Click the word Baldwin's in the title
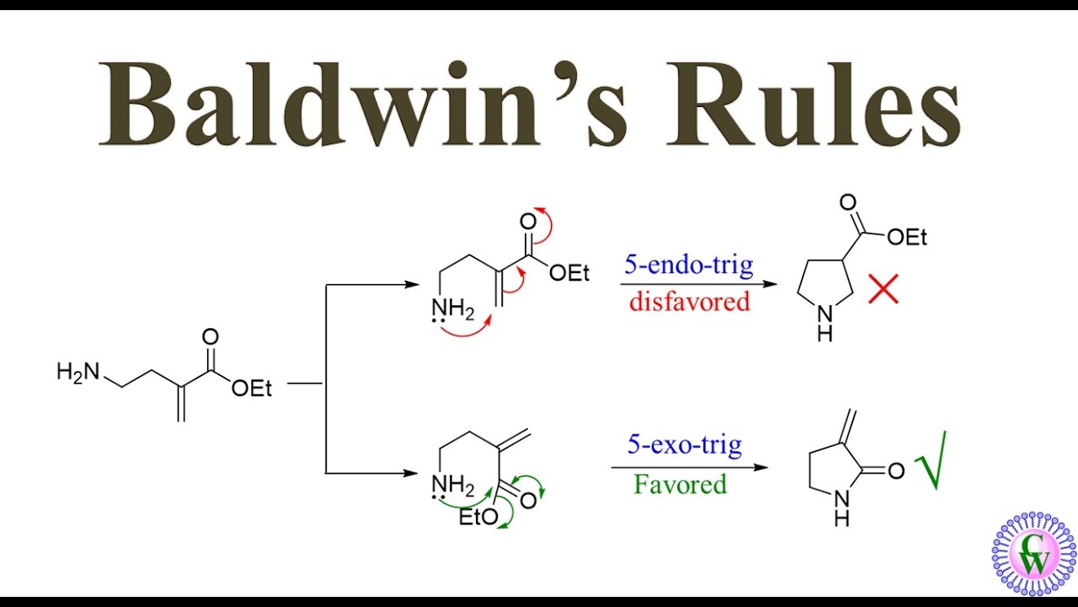click(x=363, y=104)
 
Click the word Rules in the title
click(x=814, y=104)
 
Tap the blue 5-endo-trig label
click(x=689, y=266)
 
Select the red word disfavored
click(x=690, y=302)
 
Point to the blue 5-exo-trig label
click(x=685, y=444)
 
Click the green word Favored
click(x=680, y=484)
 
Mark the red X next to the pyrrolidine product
click(x=883, y=289)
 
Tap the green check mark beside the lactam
click(x=931, y=461)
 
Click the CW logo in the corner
click(x=1033, y=554)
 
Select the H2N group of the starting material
click(x=78, y=373)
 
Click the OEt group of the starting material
click(x=251, y=389)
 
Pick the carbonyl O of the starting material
click(x=211, y=336)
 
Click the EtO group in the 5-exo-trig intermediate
click(x=478, y=518)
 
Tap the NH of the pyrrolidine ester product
click(x=825, y=324)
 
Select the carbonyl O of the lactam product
click(x=895, y=470)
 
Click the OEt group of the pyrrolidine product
click(x=907, y=237)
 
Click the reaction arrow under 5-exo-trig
click(x=690, y=467)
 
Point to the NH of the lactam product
click(x=841, y=508)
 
